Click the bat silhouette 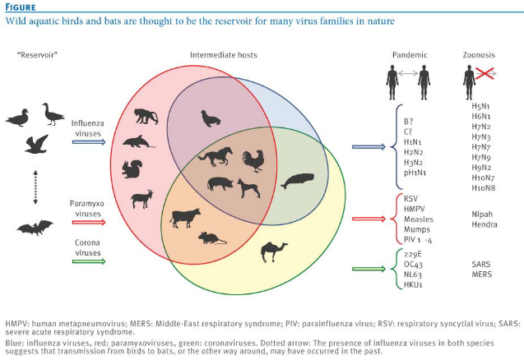pos(35,228)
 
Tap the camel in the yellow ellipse pos(274,252)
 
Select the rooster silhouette pos(253,161)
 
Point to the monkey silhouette pos(146,116)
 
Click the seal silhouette pos(211,119)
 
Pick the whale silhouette pos(297,181)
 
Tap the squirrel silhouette pos(132,169)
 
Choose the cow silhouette pos(185,218)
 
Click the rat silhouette pos(212,238)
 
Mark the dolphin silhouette pos(138,141)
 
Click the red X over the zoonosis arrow pos(485,73)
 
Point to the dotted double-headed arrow pos(35,187)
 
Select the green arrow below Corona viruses pos(89,261)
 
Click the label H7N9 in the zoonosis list pos(481,157)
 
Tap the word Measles pos(419,219)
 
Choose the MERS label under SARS pos(481,275)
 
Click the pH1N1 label pos(415,173)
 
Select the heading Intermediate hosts pos(224,55)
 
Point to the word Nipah pos(482,214)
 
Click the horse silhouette pos(216,156)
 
